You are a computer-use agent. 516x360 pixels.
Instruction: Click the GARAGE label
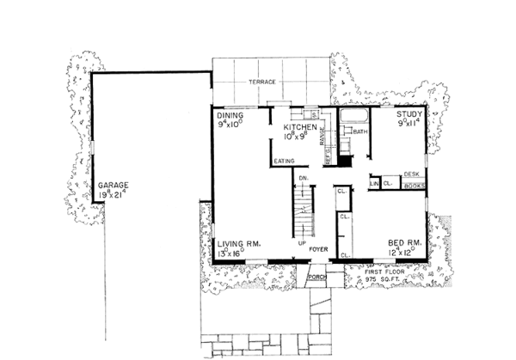pyautogui.click(x=113, y=185)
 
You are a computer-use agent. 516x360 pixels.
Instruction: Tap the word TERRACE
pyautogui.click(x=261, y=82)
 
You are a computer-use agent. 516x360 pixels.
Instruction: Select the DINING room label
pyautogui.click(x=230, y=114)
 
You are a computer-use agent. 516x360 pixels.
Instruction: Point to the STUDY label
pyautogui.click(x=411, y=113)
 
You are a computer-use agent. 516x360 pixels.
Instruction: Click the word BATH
pyautogui.click(x=360, y=131)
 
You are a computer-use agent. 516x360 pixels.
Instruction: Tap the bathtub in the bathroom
pyautogui.click(x=353, y=116)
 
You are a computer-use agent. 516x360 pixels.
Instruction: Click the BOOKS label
pyautogui.click(x=415, y=185)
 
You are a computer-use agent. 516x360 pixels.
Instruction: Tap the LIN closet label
pyautogui.click(x=374, y=184)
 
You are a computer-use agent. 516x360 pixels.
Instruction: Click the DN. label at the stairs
pyautogui.click(x=303, y=178)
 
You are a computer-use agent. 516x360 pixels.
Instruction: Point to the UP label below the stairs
pyautogui.click(x=302, y=243)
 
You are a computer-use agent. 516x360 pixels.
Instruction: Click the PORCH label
pyautogui.click(x=316, y=277)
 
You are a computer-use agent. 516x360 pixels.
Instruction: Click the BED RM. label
pyautogui.click(x=402, y=243)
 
